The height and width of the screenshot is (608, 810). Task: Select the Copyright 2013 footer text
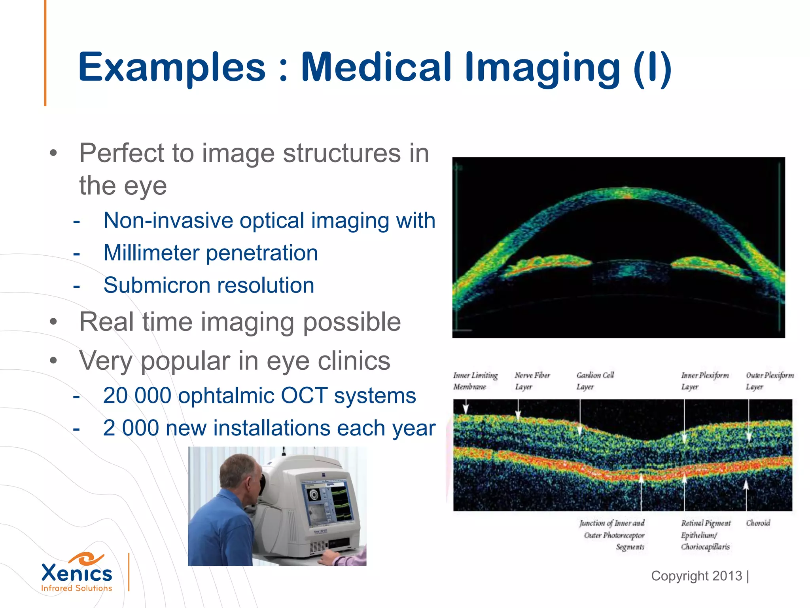pos(696,576)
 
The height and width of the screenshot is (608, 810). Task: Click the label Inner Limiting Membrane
pos(475,381)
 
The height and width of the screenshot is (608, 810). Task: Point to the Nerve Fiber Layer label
pos(532,381)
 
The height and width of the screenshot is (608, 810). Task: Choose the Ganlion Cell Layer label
pos(594,381)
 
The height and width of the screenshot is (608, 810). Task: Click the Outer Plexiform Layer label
pos(769,381)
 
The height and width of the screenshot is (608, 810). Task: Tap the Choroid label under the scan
pos(758,523)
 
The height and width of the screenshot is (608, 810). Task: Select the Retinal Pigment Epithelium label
pos(706,535)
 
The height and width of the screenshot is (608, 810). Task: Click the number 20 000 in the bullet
pos(137,395)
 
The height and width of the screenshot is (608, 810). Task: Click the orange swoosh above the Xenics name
pos(86,559)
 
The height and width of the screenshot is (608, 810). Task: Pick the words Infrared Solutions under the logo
pos(76,588)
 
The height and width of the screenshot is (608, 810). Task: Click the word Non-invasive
pos(168,220)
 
